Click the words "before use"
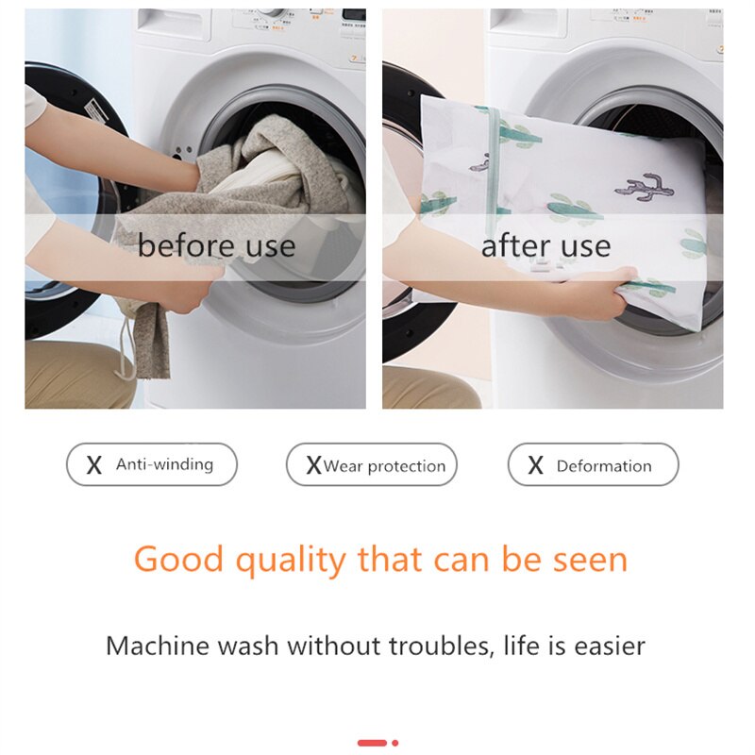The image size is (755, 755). coord(216,246)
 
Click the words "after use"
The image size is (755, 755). coord(545,246)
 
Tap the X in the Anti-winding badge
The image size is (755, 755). coord(94,465)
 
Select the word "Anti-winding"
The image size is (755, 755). coord(164,464)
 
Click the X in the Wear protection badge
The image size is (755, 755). coord(313,465)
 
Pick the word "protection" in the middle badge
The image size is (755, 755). coord(407,466)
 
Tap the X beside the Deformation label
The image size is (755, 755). coord(536,465)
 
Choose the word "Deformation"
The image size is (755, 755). coord(604,466)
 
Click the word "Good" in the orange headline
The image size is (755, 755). coord(179,560)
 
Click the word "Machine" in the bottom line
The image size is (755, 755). coord(159,646)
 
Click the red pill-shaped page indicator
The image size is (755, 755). coord(372,743)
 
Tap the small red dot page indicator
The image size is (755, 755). coord(394,743)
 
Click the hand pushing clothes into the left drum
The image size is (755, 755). coord(185,174)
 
